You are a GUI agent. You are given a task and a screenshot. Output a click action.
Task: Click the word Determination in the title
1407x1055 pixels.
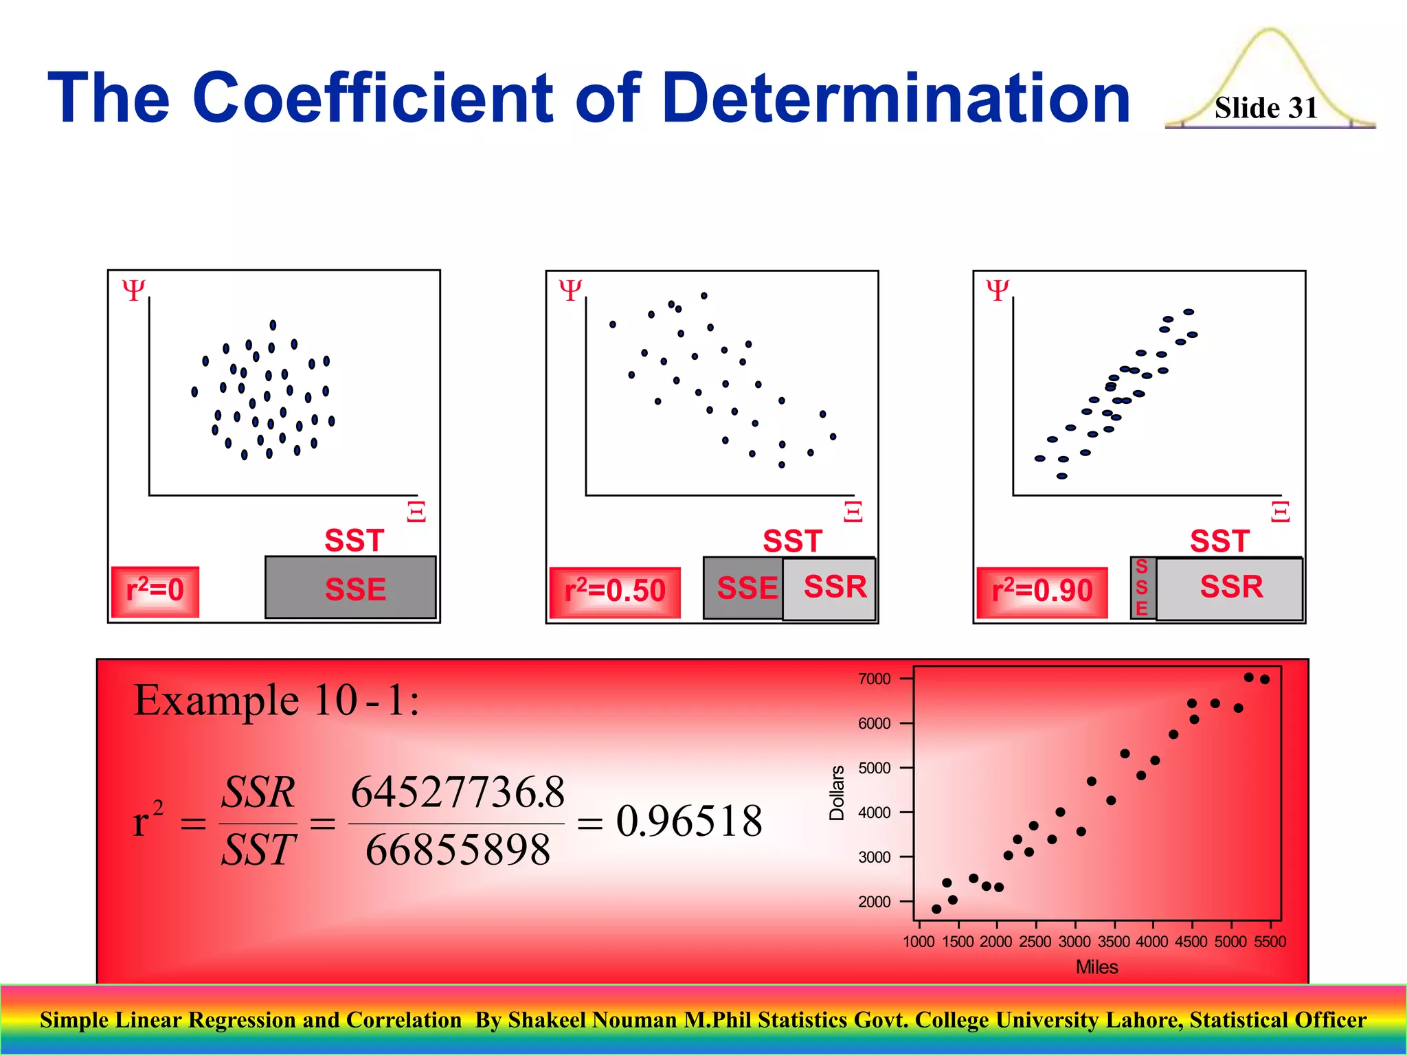point(896,99)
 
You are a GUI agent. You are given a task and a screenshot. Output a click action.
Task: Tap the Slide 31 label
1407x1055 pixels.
point(1265,108)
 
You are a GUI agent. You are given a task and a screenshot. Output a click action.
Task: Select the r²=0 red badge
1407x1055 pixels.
point(155,591)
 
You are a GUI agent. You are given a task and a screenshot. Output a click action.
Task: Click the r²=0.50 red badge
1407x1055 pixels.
point(614,591)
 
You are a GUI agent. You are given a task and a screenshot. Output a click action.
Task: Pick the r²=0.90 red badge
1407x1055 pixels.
point(1042,591)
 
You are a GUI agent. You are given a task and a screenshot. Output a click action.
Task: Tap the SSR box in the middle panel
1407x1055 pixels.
point(830,589)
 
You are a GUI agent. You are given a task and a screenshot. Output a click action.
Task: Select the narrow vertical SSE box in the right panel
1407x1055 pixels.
point(1142,588)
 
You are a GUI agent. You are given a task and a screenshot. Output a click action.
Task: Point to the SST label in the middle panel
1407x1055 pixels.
point(792,541)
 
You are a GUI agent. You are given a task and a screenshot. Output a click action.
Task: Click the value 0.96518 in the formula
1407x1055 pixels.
point(689,821)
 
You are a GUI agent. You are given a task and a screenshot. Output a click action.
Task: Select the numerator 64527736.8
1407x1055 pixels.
point(458,792)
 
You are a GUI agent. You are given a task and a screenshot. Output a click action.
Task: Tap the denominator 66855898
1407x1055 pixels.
point(458,850)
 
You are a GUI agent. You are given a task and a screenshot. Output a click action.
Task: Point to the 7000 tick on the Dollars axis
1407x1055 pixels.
point(874,679)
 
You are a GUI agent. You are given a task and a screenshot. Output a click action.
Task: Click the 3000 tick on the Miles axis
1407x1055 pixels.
point(1074,942)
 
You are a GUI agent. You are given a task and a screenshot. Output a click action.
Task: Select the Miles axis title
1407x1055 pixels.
point(1096,967)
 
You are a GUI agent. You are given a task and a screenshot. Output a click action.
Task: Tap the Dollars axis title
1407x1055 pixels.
point(837,793)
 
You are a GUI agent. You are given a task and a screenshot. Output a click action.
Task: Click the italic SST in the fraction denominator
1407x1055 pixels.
point(258,850)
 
